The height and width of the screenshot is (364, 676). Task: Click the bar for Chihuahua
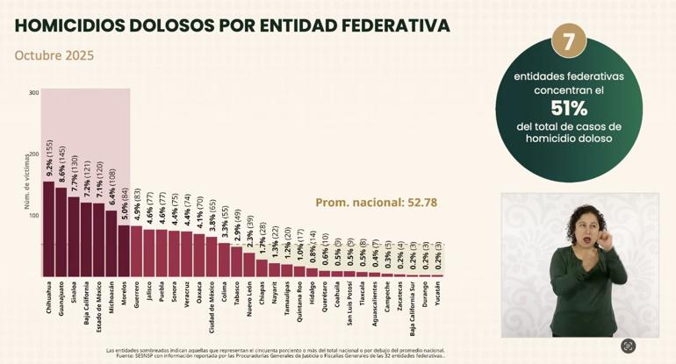coord(48,228)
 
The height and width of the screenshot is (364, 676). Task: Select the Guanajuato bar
coord(61,232)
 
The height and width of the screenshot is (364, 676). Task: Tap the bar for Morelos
coord(124,251)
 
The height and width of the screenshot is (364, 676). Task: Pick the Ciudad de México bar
coord(212,256)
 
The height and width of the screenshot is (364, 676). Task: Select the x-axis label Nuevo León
coord(249,299)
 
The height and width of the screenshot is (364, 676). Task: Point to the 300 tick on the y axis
coord(33,93)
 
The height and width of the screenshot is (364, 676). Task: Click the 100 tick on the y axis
coord(33,215)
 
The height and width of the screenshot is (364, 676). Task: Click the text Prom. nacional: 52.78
coord(376,203)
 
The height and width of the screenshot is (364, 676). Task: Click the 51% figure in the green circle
coord(568,108)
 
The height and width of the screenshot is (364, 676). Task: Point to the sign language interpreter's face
coord(583,224)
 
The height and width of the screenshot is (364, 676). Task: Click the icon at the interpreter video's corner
coord(628,346)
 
